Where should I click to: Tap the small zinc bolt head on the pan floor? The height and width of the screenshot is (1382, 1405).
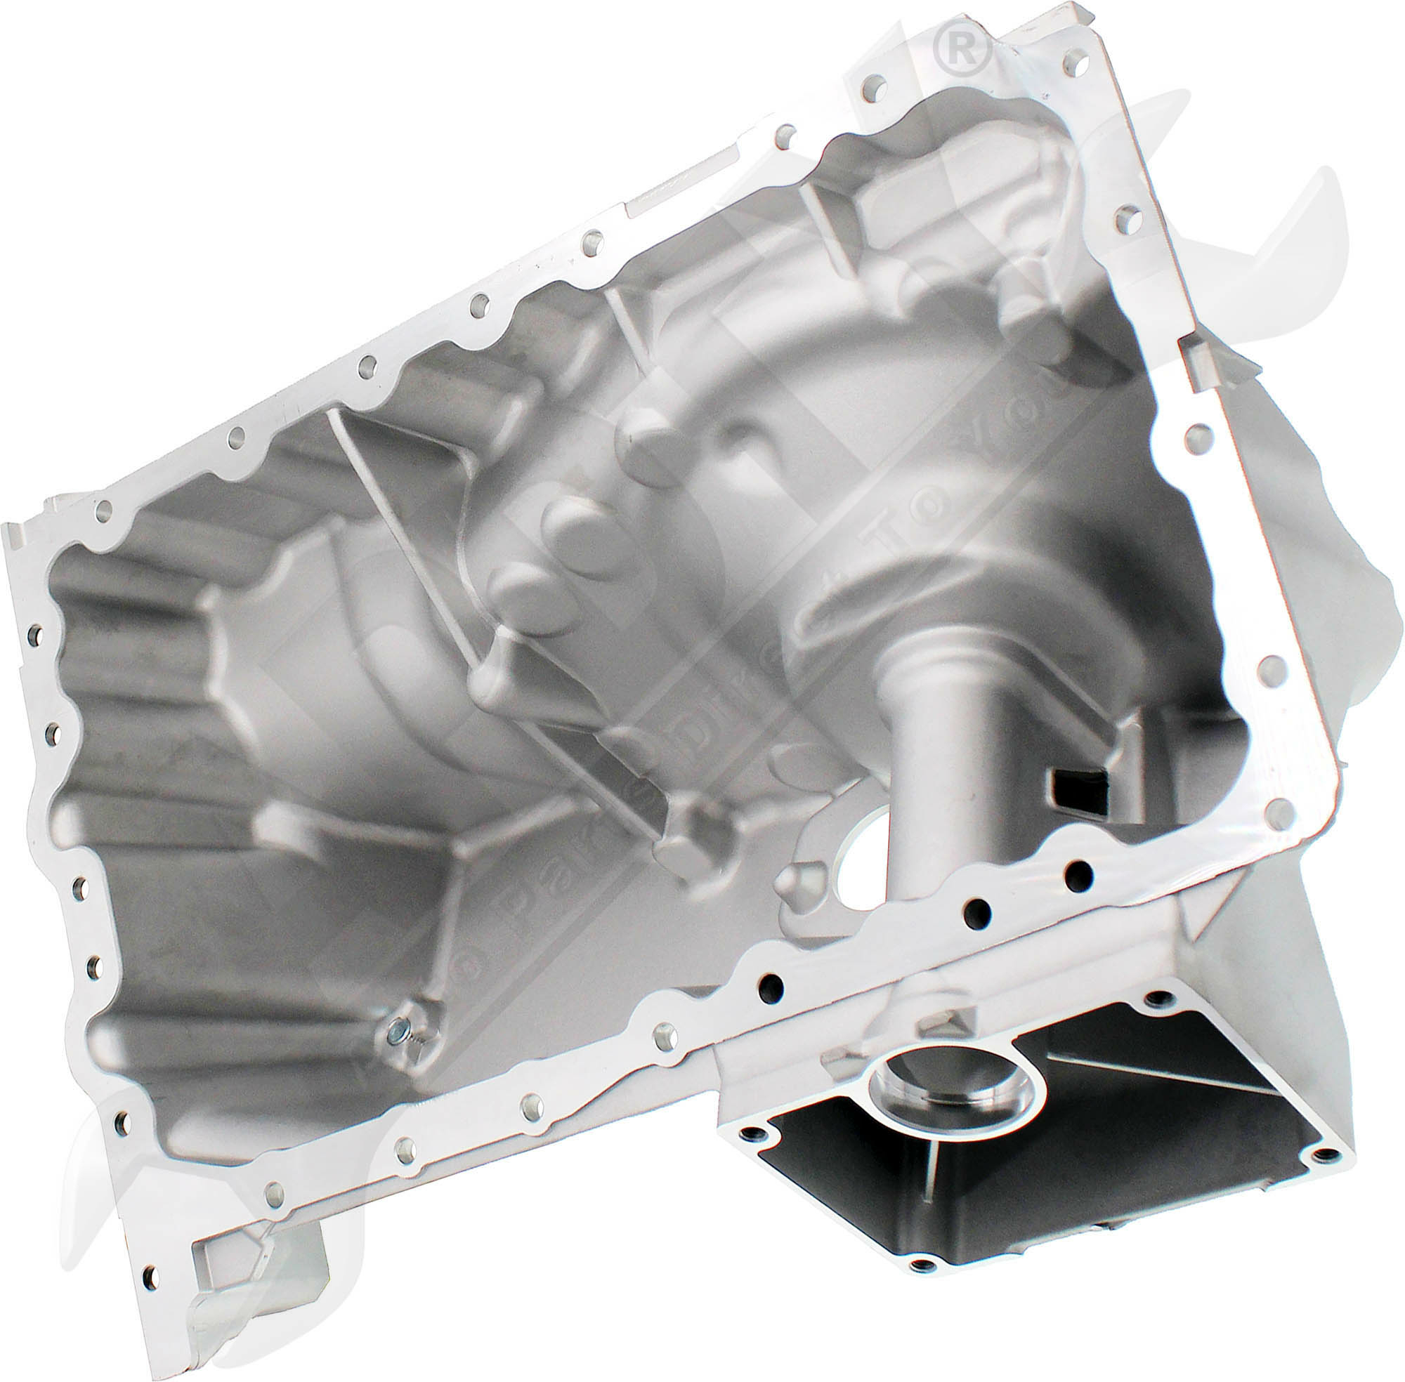[396, 1028]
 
